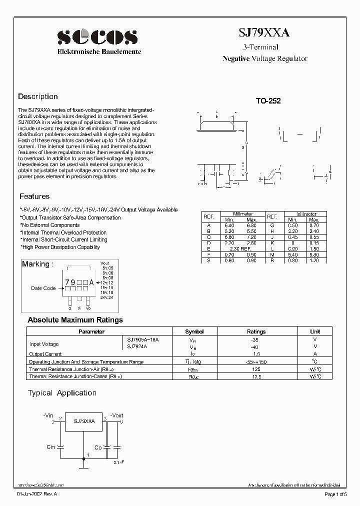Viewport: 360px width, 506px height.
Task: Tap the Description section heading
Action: [38, 96]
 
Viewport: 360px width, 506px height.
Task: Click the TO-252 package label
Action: [268, 101]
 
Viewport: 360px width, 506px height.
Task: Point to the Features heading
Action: [34, 196]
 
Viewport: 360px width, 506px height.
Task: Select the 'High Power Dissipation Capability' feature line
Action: [60, 247]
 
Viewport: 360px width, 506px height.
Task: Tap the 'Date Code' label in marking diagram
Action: [43, 288]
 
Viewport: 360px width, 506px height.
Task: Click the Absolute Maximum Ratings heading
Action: [75, 320]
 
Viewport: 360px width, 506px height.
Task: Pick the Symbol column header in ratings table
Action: [194, 331]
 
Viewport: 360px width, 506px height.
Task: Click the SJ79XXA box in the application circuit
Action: [84, 421]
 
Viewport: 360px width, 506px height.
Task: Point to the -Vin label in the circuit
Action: [48, 415]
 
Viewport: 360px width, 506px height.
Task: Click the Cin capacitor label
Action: [50, 447]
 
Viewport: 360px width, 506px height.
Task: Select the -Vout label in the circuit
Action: [116, 415]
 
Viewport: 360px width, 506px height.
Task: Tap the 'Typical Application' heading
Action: [62, 393]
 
